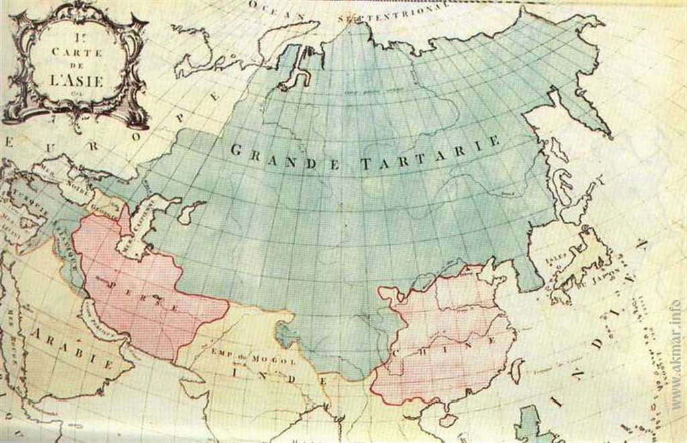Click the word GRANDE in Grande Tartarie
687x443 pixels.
tap(276, 156)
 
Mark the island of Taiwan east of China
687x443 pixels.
tap(517, 370)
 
